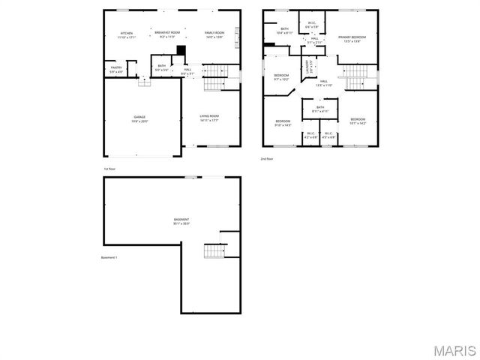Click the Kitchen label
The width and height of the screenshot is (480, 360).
click(x=127, y=34)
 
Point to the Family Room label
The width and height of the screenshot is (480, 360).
click(x=214, y=34)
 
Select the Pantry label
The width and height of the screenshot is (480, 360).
click(x=116, y=69)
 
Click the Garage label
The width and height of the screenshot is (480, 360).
click(x=139, y=118)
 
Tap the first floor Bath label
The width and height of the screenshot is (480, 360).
click(x=162, y=67)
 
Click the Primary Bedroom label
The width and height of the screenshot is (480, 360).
click(x=352, y=38)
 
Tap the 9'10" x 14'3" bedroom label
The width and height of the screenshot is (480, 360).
click(x=282, y=123)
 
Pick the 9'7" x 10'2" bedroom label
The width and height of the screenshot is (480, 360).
click(x=281, y=77)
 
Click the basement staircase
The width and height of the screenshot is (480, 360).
click(x=214, y=251)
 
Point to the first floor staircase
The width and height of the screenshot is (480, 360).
click(x=215, y=72)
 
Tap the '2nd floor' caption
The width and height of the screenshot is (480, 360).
click(x=267, y=159)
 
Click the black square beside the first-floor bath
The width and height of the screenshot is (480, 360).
click(x=181, y=50)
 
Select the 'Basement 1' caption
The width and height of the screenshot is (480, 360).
click(x=109, y=257)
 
